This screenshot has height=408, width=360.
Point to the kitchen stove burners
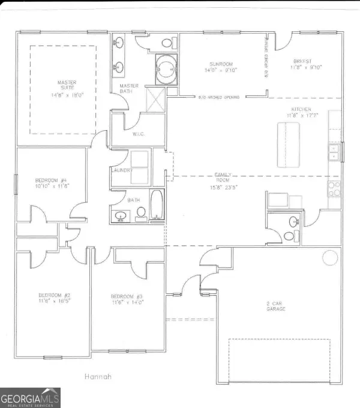click(334, 188)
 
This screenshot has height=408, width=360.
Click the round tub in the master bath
click(164, 68)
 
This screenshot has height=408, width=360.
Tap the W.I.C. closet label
click(139, 133)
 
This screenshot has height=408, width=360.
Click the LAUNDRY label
click(121, 170)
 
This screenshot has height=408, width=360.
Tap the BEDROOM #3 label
click(127, 296)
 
